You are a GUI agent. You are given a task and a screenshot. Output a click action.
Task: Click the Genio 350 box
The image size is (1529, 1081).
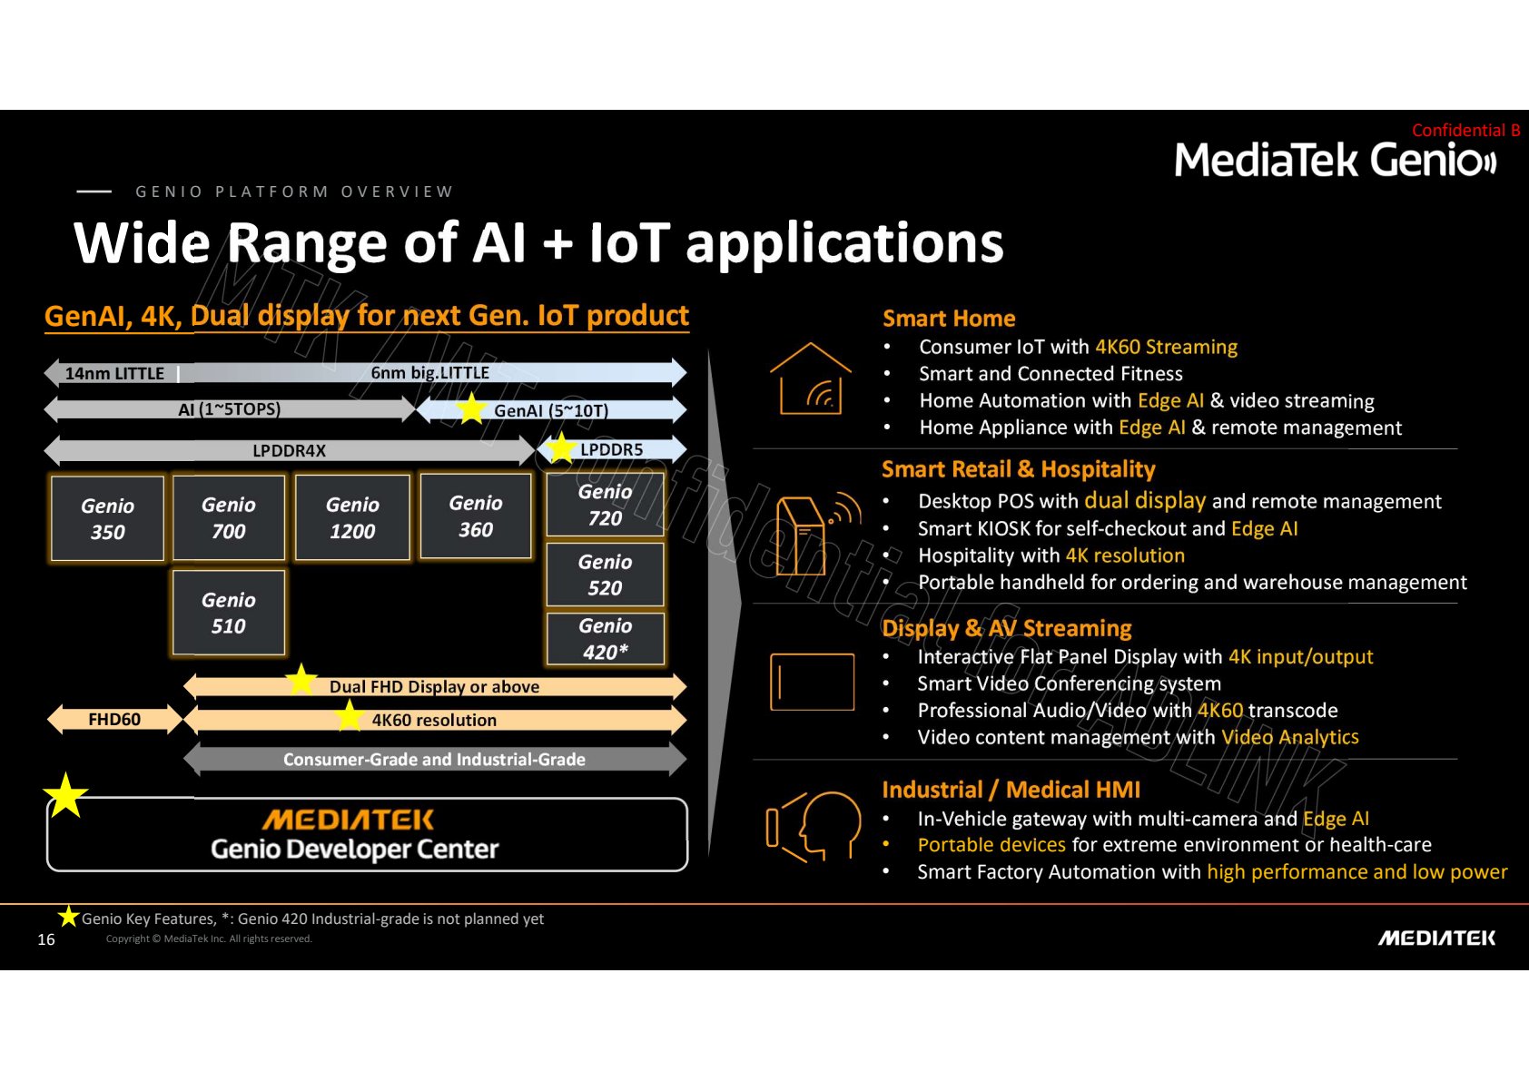click(x=107, y=518)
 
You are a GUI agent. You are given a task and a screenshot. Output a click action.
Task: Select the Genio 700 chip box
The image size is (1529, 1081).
click(x=229, y=517)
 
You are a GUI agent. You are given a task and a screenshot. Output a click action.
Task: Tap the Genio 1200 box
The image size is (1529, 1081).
click(x=352, y=517)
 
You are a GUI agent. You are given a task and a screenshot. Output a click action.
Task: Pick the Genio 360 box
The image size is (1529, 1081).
click(x=476, y=516)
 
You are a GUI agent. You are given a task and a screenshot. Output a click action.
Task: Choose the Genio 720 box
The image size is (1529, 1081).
click(x=605, y=505)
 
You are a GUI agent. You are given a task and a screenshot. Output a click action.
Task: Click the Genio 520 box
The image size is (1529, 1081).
click(x=605, y=575)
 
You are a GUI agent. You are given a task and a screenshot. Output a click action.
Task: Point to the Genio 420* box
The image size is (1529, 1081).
click(x=605, y=639)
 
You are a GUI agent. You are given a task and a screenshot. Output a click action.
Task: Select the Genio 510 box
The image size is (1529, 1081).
click(x=229, y=613)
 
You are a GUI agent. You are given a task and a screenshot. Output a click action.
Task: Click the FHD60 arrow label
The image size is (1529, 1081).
click(x=114, y=719)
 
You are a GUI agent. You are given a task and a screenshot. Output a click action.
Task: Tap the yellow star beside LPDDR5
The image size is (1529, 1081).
click(x=561, y=448)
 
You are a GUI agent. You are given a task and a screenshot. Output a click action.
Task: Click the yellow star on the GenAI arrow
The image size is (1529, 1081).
click(x=471, y=408)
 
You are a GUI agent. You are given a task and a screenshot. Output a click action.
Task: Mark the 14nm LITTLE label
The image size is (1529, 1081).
click(x=114, y=373)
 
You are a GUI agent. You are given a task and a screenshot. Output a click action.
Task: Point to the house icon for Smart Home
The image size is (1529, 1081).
click(x=810, y=378)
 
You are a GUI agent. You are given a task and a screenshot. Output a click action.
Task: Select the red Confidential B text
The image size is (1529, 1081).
click(x=1465, y=131)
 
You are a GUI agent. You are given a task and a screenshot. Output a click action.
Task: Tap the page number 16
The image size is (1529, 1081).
click(x=45, y=939)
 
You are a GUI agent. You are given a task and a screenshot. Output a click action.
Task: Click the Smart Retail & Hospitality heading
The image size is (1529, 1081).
click(x=1019, y=469)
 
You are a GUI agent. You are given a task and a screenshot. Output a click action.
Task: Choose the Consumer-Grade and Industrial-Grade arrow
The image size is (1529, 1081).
click(x=435, y=760)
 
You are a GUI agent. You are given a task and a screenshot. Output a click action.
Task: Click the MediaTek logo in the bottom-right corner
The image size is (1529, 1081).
click(x=1436, y=939)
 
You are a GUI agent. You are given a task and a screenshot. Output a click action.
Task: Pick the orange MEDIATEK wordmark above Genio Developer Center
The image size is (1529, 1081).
click(x=348, y=820)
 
